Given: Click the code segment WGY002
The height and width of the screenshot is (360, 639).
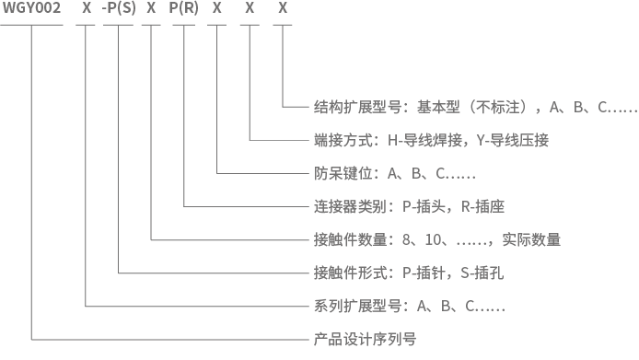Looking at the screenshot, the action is click(x=32, y=7).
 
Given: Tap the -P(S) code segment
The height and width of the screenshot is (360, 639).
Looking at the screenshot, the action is click(x=119, y=7).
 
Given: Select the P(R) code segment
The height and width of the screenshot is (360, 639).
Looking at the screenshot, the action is click(x=184, y=7).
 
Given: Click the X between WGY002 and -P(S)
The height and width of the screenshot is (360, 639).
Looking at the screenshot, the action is click(x=87, y=7).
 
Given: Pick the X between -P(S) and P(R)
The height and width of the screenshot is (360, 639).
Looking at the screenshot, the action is click(x=151, y=7).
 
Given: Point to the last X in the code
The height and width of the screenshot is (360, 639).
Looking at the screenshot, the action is click(x=283, y=7).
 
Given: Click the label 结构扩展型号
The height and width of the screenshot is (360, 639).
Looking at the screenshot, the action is click(x=357, y=107).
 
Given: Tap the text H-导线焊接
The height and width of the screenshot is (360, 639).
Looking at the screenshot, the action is click(x=424, y=141).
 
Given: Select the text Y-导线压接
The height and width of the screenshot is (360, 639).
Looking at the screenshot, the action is click(x=513, y=141).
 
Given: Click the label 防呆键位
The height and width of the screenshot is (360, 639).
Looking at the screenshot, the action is click(x=343, y=174).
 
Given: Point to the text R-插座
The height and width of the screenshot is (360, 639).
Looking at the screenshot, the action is click(x=482, y=207).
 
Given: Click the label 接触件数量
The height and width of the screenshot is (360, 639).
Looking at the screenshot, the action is click(x=351, y=239).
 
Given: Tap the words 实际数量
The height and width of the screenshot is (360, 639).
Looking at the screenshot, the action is click(x=531, y=239).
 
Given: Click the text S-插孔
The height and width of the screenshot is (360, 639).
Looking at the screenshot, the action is click(x=482, y=273).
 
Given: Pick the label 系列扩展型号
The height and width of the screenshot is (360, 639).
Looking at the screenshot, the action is click(x=357, y=306).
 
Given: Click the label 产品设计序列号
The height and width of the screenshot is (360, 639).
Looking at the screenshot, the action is click(x=366, y=339).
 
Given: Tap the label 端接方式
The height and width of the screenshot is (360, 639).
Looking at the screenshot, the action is click(x=343, y=141).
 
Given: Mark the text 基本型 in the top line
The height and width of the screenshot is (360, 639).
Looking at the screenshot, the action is click(x=438, y=107).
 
